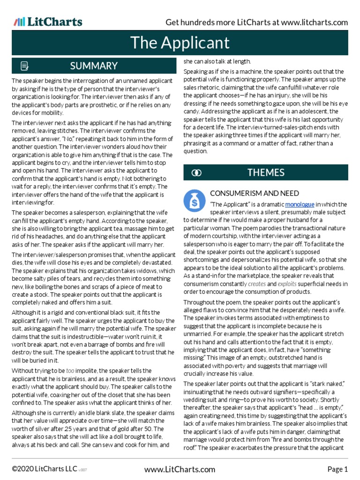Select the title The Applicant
click(180, 43)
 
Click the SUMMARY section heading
click(94, 66)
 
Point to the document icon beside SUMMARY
click(25, 66)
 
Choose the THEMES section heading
click(266, 172)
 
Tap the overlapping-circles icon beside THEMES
click(196, 173)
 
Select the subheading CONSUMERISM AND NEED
click(254, 193)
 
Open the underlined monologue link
click(299, 204)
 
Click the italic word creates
click(256, 284)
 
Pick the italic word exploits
click(286, 284)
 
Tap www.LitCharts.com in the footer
click(180, 469)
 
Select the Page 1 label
click(337, 469)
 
